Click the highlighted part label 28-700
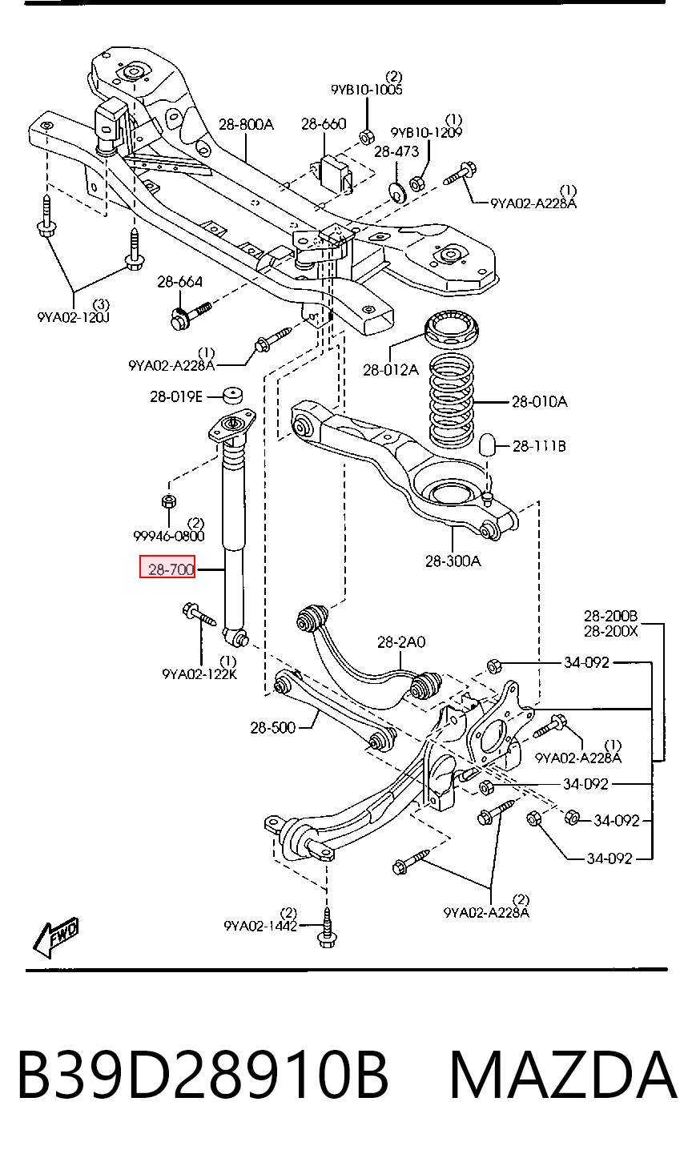pyautogui.click(x=167, y=567)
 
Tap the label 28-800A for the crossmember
pyautogui.click(x=246, y=124)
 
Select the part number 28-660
pyautogui.click(x=324, y=124)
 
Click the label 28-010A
pyautogui.click(x=540, y=402)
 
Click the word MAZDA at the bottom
pyautogui.click(x=563, y=1076)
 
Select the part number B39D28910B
pyautogui.click(x=203, y=1076)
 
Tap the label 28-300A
pyautogui.click(x=453, y=561)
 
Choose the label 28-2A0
pyautogui.click(x=401, y=641)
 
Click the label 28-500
pyautogui.click(x=273, y=728)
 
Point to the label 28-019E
pyautogui.click(x=176, y=396)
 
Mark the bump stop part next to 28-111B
pyautogui.click(x=489, y=443)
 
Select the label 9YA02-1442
pyautogui.click(x=260, y=926)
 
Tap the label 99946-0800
pyautogui.click(x=169, y=536)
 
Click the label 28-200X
pyautogui.click(x=611, y=631)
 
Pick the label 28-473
pyautogui.click(x=396, y=151)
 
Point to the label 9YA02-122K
pyautogui.click(x=199, y=674)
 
